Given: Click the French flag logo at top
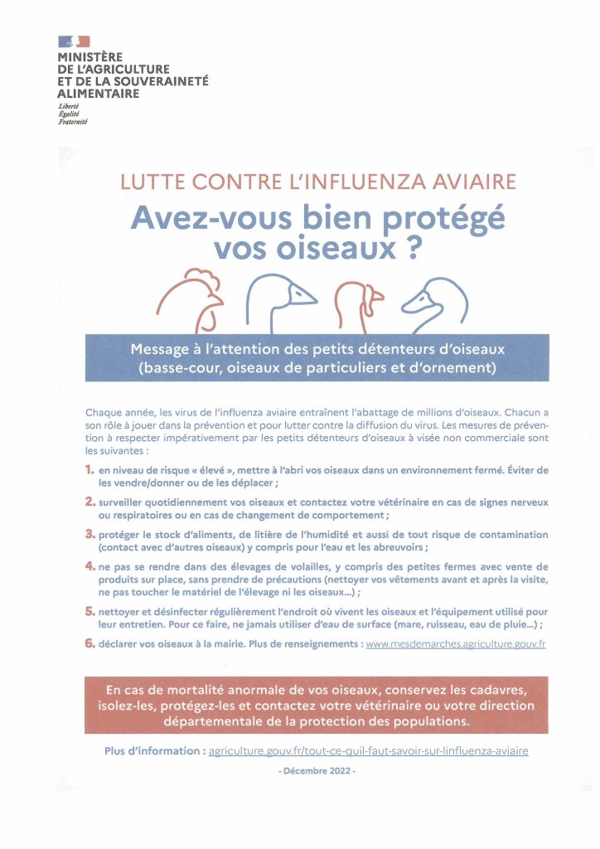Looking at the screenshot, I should click(x=74, y=41).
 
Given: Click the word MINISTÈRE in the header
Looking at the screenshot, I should click(x=88, y=56).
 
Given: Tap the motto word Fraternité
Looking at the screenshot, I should click(x=73, y=122).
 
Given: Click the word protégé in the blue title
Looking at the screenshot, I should click(x=440, y=216).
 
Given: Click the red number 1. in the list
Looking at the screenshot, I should click(x=90, y=470).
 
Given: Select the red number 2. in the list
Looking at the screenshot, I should click(x=90, y=502).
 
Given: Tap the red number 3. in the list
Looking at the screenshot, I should click(x=90, y=534).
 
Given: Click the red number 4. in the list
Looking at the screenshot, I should click(x=90, y=565).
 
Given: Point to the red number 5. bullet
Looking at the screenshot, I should click(x=90, y=609).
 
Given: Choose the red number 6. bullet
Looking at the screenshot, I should click(x=90, y=643).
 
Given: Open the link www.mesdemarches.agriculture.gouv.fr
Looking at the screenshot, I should click(x=455, y=643).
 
